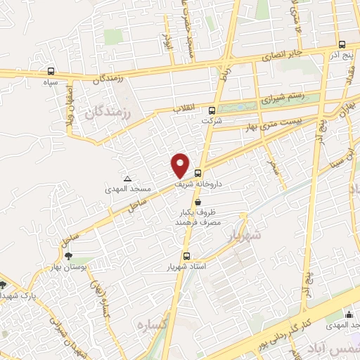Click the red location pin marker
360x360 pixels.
181,165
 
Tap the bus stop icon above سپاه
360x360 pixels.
51,71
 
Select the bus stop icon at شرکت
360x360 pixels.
212,110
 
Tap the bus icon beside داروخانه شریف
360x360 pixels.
198,172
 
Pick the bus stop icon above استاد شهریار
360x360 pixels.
186,256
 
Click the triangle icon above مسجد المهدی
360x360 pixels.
127,179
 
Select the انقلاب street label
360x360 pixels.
187,109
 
